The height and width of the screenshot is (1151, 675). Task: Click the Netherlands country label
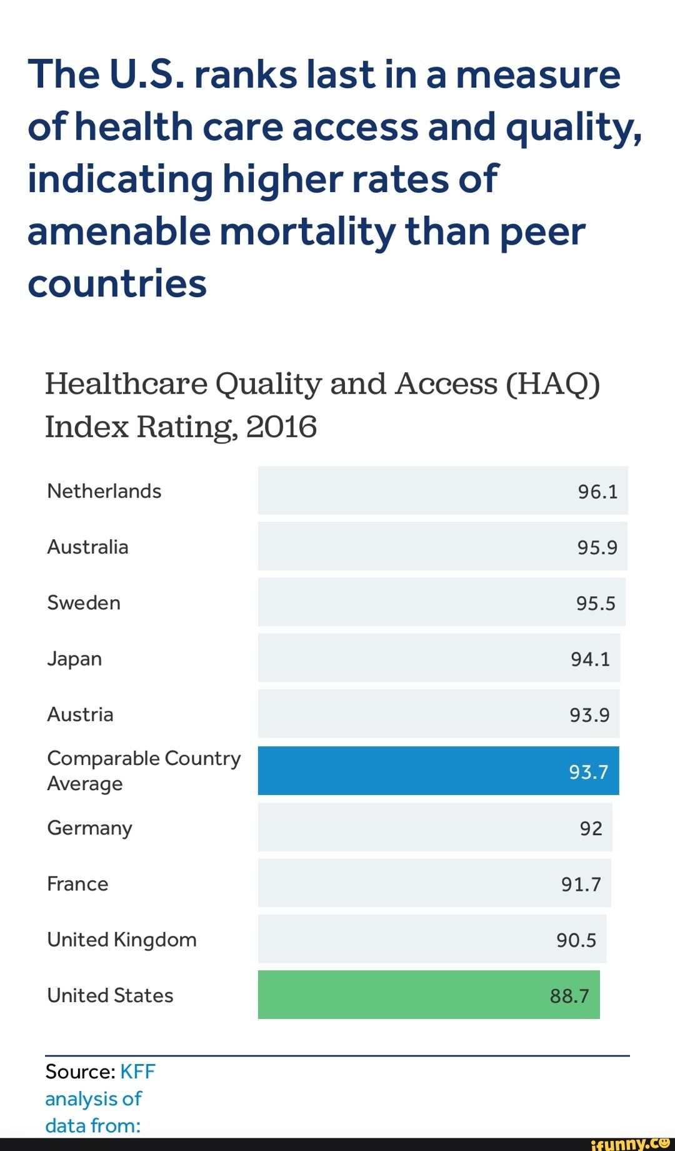(x=104, y=491)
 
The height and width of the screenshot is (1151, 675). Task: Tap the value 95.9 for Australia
(x=597, y=547)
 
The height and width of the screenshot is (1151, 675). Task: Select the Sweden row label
(x=84, y=602)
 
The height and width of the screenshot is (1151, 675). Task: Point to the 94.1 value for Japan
(x=590, y=659)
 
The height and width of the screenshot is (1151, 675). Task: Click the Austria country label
(x=80, y=714)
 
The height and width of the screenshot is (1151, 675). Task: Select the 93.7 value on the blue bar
(x=588, y=772)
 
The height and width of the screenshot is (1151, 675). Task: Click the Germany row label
(x=89, y=828)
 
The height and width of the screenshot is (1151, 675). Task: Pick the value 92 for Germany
(x=591, y=828)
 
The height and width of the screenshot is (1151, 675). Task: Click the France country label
(x=77, y=884)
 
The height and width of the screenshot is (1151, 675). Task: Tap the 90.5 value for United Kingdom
(x=576, y=940)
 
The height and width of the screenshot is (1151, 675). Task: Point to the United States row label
(x=110, y=995)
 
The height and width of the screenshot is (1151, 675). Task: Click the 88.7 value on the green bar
(x=569, y=996)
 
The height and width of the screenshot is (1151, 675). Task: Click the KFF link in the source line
(x=137, y=1072)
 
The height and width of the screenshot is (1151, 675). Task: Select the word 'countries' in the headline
(x=117, y=283)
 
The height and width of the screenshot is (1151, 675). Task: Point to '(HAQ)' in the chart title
(x=552, y=383)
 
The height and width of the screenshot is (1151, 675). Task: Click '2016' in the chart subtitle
(x=281, y=427)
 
